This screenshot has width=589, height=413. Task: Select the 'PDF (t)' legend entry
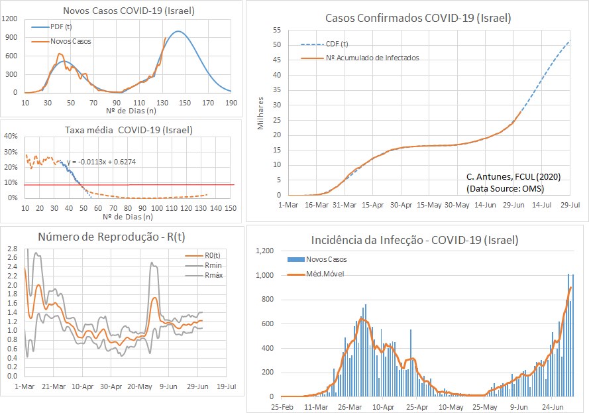click(x=61, y=27)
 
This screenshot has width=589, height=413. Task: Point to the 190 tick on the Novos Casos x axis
click(x=231, y=103)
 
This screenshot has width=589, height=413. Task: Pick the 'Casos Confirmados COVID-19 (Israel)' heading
click(x=418, y=18)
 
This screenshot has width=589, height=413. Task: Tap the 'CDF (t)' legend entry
click(x=337, y=44)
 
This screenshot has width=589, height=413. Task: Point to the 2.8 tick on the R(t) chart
click(x=12, y=249)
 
